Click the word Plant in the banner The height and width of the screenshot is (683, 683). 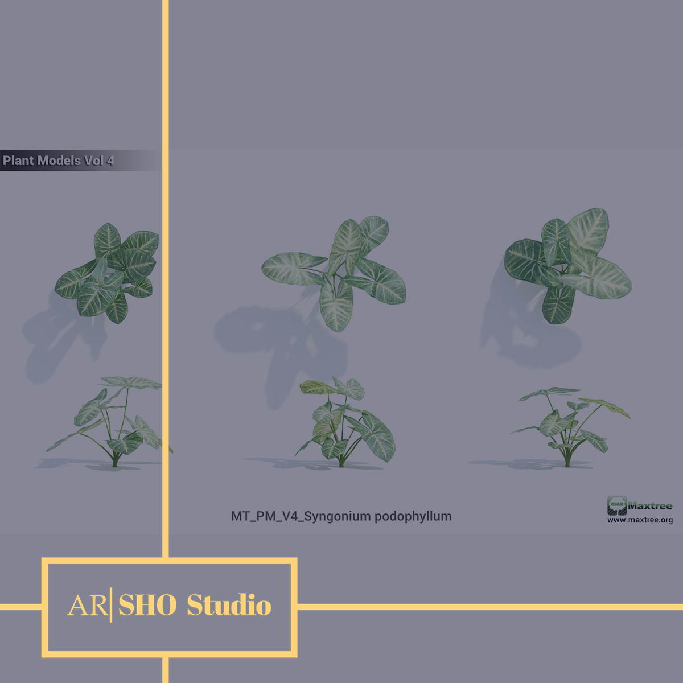click(x=18, y=161)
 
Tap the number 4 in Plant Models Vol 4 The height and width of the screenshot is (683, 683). click(x=110, y=161)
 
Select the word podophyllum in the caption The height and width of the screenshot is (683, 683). click(x=413, y=516)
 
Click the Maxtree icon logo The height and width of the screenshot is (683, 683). click(x=617, y=505)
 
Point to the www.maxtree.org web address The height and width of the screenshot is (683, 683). click(x=640, y=520)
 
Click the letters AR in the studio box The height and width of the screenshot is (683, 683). click(x=88, y=606)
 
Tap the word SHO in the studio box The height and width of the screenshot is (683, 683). click(x=147, y=605)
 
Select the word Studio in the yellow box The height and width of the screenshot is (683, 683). click(x=229, y=604)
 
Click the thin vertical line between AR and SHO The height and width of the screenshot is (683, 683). click(x=112, y=605)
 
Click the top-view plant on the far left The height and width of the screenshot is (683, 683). click(x=107, y=273)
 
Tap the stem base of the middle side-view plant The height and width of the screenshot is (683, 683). click(x=341, y=463)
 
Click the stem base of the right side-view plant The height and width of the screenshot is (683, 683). click(x=567, y=462)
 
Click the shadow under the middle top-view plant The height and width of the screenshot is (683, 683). click(x=280, y=340)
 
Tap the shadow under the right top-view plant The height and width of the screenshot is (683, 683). click(x=525, y=330)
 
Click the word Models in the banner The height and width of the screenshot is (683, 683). click(x=59, y=161)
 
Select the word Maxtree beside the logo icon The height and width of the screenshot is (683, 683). click(x=650, y=506)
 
